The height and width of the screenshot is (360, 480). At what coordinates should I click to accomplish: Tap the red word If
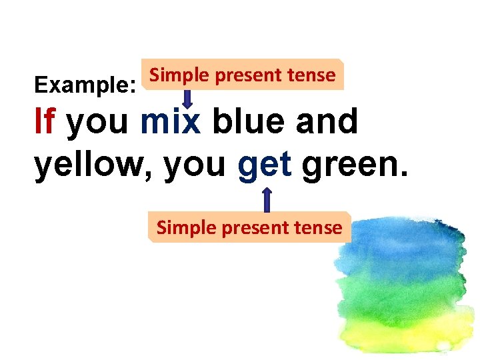tap(45, 122)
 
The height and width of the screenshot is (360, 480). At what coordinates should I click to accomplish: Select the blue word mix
tap(170, 122)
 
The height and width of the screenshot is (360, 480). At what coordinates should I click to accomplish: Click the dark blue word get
tap(265, 165)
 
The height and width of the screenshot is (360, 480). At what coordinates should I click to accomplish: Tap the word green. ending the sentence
tap(353, 165)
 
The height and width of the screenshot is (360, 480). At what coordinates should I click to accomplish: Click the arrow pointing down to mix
tap(189, 97)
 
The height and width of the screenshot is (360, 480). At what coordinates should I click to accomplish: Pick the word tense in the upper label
tap(312, 75)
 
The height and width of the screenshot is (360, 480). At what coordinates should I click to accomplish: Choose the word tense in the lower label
tap(319, 227)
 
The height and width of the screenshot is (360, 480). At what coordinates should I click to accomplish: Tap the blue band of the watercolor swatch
tap(400, 247)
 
